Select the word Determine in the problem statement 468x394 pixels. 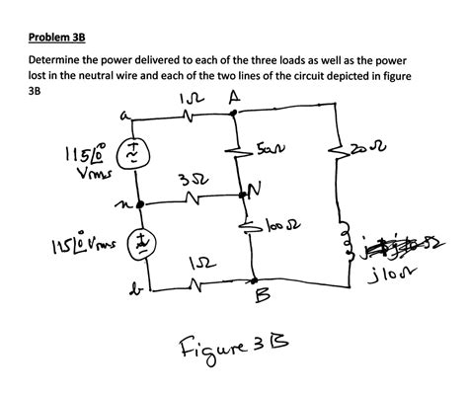tap(57, 60)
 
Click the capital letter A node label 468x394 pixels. tap(233, 98)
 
